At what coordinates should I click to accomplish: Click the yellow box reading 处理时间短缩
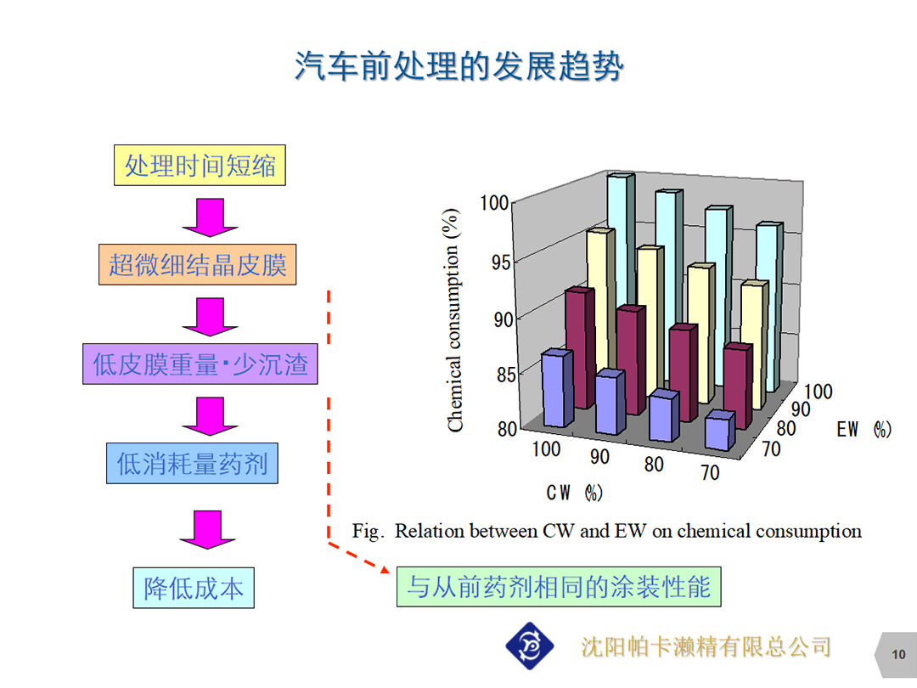[x=200, y=165]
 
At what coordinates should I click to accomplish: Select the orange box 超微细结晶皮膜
[x=197, y=264]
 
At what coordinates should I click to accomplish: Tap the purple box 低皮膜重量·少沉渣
[x=200, y=364]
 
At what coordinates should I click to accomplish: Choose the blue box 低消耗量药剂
[x=192, y=464]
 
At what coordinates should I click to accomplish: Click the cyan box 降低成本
[x=194, y=588]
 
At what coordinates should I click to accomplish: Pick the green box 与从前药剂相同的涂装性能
[x=559, y=587]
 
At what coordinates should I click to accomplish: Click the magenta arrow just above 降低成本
[x=208, y=529]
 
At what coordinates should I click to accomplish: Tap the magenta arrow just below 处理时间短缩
[x=210, y=217]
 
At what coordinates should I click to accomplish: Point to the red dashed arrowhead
[x=385, y=568]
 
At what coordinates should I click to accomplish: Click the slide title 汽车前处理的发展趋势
[x=459, y=65]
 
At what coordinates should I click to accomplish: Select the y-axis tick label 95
[x=501, y=262]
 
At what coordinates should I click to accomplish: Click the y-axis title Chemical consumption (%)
[x=453, y=320]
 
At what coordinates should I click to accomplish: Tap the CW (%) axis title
[x=574, y=493]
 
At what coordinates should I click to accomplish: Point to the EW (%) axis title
[x=864, y=430]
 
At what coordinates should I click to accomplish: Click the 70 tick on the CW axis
[x=710, y=472]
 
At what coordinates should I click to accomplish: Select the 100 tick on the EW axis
[x=819, y=392]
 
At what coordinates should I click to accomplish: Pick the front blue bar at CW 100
[x=557, y=388]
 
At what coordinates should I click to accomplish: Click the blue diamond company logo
[x=529, y=646]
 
